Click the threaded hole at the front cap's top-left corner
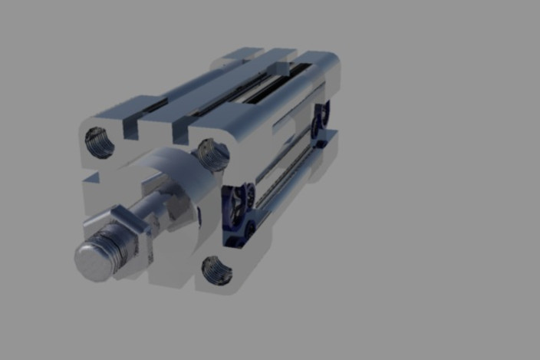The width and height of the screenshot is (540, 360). coord(99,141)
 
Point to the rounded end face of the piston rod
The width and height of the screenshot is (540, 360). coord(91,260)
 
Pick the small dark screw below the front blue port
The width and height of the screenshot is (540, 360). coord(249,230)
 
